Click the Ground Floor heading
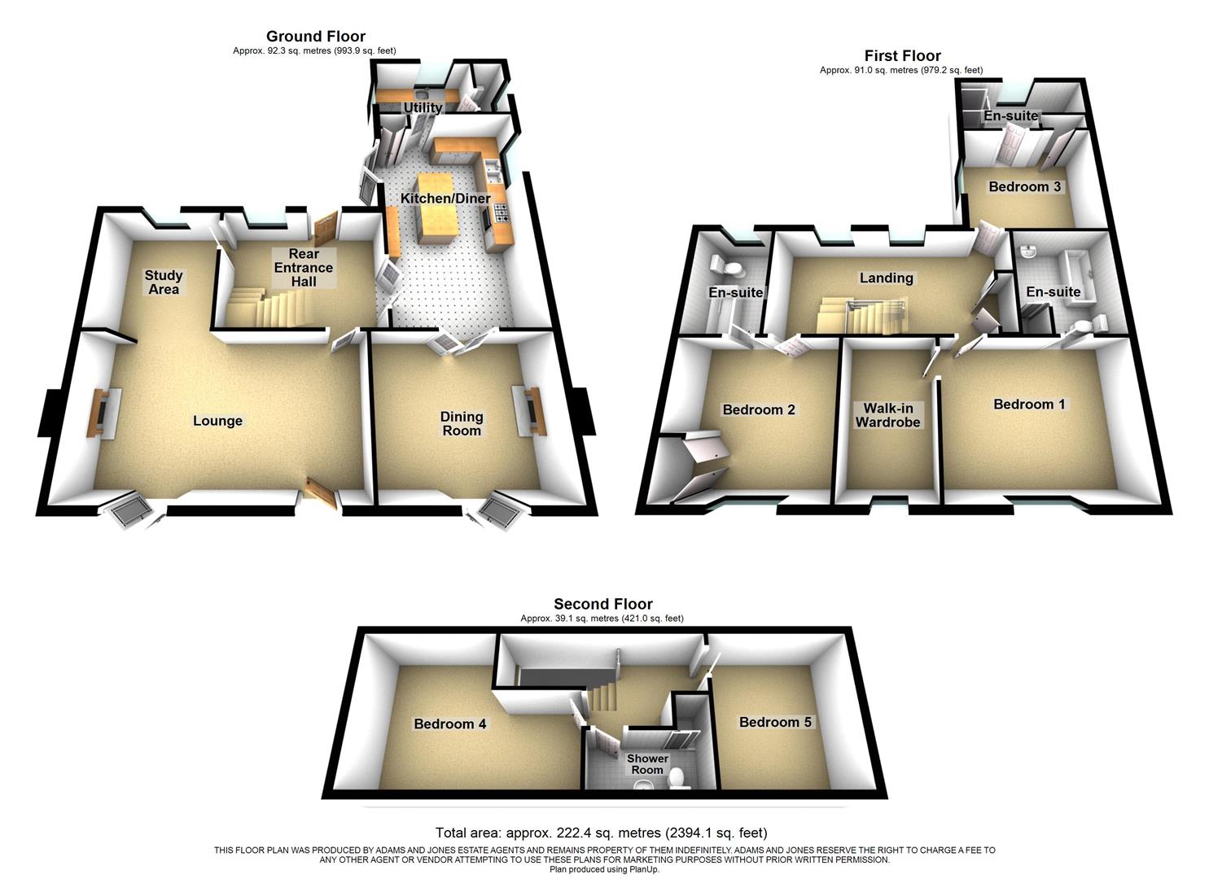click(316, 37)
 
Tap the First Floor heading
click(902, 56)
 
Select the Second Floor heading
click(602, 604)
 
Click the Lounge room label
click(217, 421)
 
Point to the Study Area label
click(164, 282)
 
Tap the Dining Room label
click(462, 423)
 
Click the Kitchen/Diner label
click(445, 199)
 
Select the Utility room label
click(423, 107)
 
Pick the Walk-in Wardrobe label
click(887, 415)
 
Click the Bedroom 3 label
click(1024, 186)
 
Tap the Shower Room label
click(647, 764)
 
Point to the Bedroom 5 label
click(775, 722)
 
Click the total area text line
click(601, 833)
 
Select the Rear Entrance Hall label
click(303, 268)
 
